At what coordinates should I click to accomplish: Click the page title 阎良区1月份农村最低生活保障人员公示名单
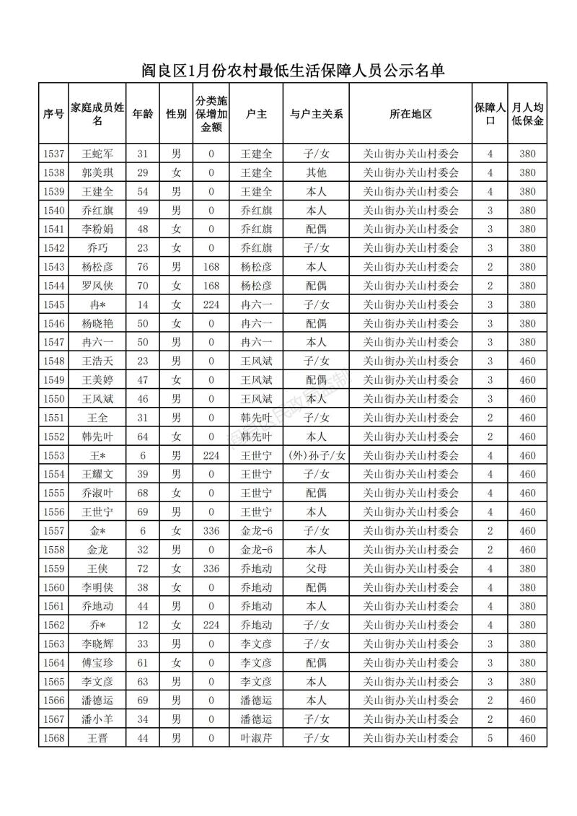click(292, 70)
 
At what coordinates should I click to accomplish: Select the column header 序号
click(53, 114)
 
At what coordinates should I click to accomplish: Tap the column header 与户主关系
click(316, 114)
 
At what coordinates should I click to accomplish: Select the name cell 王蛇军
click(97, 154)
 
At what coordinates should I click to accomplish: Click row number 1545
click(53, 304)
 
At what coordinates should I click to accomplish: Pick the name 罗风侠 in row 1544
click(97, 286)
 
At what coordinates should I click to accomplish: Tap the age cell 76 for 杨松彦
click(142, 267)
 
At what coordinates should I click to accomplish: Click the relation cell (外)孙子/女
click(316, 455)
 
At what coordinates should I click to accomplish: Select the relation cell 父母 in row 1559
click(316, 569)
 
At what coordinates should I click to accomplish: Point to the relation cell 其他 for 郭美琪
click(316, 172)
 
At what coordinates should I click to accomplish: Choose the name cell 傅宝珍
click(97, 662)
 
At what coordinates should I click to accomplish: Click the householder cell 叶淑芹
click(256, 738)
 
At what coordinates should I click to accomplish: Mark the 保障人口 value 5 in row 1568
click(490, 738)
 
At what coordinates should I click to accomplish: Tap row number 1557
click(53, 531)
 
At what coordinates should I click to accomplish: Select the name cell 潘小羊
click(97, 719)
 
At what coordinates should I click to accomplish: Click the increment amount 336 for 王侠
click(211, 569)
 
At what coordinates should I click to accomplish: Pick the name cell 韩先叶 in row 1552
click(97, 436)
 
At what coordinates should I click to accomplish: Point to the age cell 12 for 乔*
click(142, 625)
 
